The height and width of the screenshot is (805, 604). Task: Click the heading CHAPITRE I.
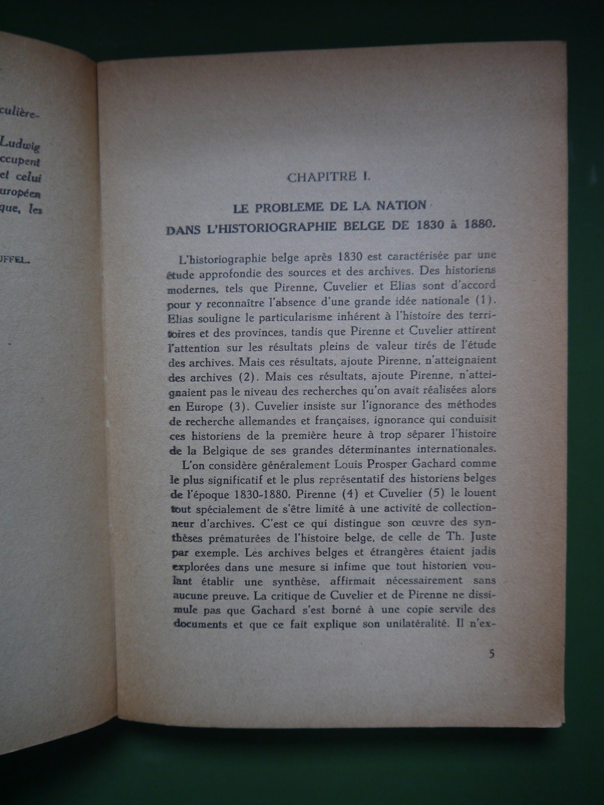[328, 177]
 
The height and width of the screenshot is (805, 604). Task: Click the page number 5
[491, 653]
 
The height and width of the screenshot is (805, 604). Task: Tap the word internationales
[457, 449]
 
